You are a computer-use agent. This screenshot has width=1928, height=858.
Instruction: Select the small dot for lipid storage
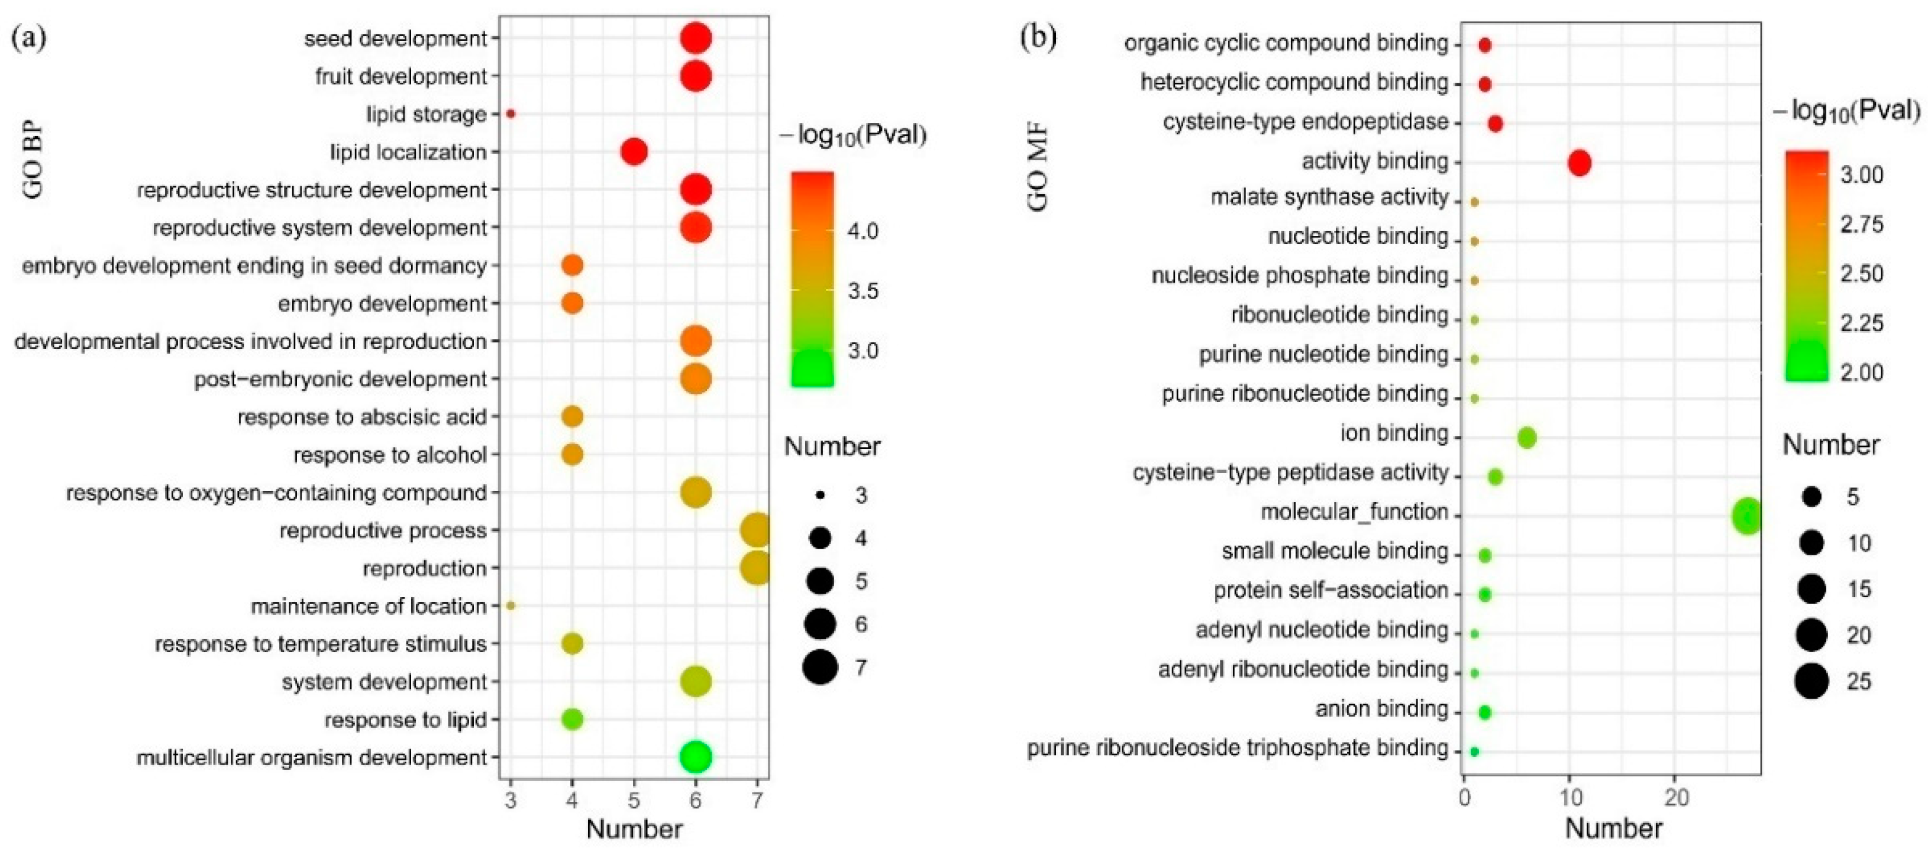click(511, 114)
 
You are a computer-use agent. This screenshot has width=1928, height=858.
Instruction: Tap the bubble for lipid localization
click(634, 152)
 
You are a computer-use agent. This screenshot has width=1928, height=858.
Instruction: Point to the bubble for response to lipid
click(572, 719)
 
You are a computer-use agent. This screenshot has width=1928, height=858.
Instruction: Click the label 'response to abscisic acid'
click(362, 417)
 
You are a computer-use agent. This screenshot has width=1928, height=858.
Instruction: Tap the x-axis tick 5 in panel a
click(634, 801)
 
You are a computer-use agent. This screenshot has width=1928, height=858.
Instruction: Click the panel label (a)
click(28, 37)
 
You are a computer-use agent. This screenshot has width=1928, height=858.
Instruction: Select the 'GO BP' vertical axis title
click(33, 161)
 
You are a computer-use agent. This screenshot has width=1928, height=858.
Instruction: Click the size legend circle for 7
click(821, 666)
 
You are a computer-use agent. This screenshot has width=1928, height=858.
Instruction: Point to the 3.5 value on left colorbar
click(863, 291)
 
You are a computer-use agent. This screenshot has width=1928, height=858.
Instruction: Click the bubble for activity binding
click(1579, 163)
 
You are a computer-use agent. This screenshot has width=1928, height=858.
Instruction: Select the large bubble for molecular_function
click(1747, 516)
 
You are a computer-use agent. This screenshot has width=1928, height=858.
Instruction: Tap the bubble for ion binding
click(1527, 438)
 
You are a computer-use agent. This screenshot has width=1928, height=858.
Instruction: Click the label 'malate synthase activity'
click(1329, 197)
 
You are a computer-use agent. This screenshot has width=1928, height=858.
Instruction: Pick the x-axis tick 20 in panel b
click(1677, 799)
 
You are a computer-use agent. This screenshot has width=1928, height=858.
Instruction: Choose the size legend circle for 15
click(1811, 590)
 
